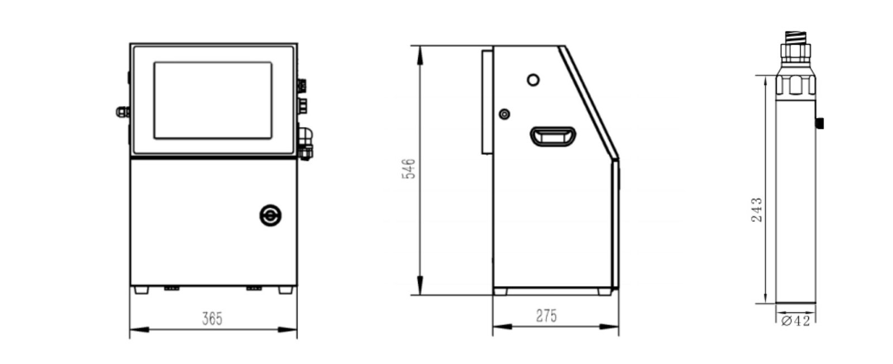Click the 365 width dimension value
[x=212, y=319]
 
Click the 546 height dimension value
[x=409, y=169]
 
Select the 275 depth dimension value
[x=546, y=316]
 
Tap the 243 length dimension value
[x=756, y=209]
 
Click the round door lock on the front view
[x=270, y=215]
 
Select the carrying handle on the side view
[x=553, y=137]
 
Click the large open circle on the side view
[x=534, y=80]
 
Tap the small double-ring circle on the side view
[x=505, y=114]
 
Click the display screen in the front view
[x=213, y=100]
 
